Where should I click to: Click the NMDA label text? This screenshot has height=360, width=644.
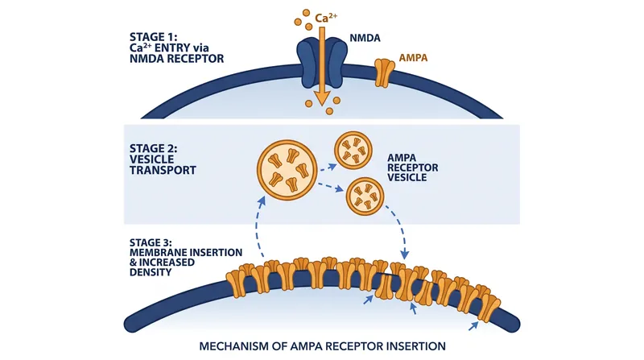click(365, 38)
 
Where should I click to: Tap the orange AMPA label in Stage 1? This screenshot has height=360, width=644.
click(413, 57)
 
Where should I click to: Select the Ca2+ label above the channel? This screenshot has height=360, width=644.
click(326, 18)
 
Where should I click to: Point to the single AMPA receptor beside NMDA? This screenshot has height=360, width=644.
click(385, 72)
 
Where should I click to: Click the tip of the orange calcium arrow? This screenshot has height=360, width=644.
click(322, 106)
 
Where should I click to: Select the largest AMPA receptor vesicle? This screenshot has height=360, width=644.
click(287, 170)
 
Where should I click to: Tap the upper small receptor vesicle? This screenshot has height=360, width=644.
click(353, 151)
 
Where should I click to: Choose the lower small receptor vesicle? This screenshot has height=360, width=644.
click(365, 197)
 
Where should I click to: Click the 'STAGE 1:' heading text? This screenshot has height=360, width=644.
click(154, 37)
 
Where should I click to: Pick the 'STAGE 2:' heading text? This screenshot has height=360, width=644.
click(154, 148)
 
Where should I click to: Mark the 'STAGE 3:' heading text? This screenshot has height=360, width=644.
click(151, 242)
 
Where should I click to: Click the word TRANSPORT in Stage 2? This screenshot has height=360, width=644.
click(163, 170)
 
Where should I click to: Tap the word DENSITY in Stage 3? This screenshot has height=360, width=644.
click(151, 272)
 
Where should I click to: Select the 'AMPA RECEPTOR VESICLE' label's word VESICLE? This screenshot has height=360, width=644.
click(407, 177)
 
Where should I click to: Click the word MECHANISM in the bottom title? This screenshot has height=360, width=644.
click(234, 346)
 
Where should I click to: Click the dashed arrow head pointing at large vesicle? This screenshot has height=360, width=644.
click(262, 201)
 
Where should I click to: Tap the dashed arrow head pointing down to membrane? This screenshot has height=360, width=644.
click(405, 254)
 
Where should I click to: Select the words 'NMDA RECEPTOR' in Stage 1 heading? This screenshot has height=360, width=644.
click(176, 59)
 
